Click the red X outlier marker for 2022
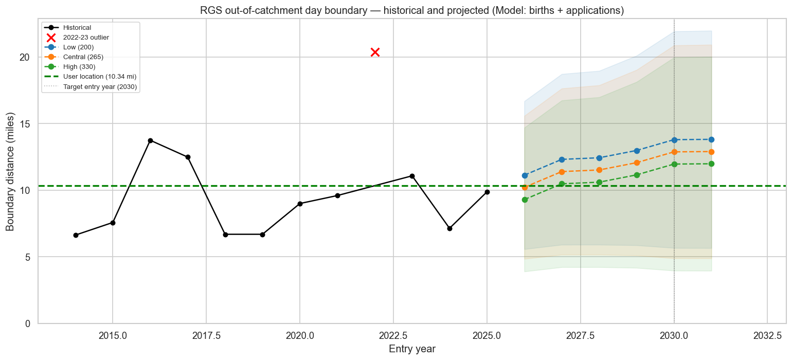375,52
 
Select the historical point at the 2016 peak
150,140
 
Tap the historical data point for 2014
76,235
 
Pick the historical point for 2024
449,228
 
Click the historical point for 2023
412,176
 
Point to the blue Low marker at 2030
674,140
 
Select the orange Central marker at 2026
525,187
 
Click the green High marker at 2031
711,164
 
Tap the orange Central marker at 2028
599,170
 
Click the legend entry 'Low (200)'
78,47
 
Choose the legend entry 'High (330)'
79,67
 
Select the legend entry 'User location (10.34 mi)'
99,77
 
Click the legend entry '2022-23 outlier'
86,38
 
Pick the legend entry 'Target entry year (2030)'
100,86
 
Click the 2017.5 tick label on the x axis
206,335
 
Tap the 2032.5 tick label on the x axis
767,335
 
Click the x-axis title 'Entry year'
412,349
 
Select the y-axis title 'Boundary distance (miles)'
10,171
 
